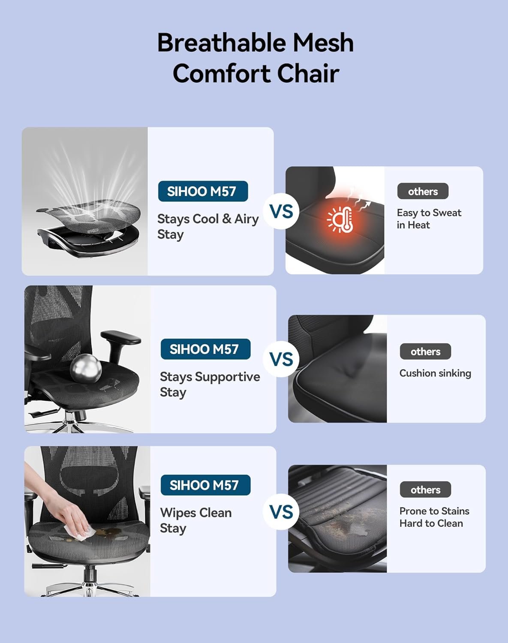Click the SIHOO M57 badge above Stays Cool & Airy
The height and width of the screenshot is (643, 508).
point(203,191)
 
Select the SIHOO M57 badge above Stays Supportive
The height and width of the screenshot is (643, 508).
point(205,349)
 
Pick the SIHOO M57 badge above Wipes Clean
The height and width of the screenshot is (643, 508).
point(205,485)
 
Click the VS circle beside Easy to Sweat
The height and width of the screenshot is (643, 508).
point(281,211)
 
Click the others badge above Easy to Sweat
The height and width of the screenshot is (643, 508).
point(423,191)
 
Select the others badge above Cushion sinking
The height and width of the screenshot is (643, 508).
point(425,352)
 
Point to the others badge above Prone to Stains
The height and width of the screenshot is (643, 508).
point(425,490)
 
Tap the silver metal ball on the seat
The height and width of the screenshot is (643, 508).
point(85,368)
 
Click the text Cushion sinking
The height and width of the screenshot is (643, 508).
point(435,373)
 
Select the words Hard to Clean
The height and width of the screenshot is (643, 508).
point(431,523)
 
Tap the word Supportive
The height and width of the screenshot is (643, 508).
point(227,377)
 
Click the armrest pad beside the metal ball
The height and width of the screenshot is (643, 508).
point(121,337)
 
